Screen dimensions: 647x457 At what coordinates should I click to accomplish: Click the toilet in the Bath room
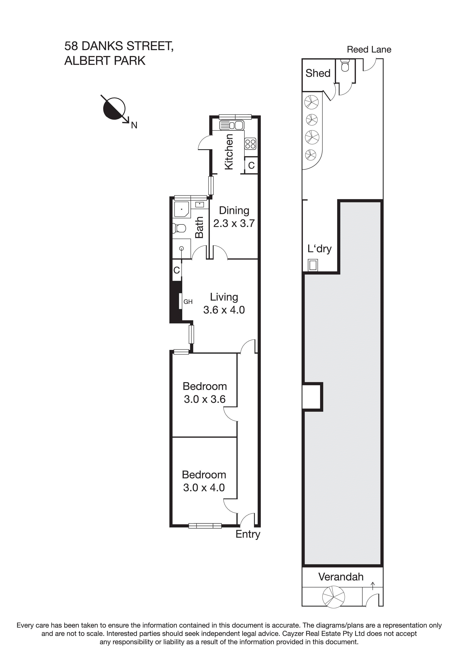pos(179,228)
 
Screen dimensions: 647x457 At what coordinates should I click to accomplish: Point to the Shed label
pos(318,73)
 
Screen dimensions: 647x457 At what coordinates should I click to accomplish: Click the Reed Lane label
pos(369,50)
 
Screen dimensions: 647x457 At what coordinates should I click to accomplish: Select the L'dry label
pos(319,249)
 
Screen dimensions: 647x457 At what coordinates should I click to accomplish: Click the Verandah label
pos(341,577)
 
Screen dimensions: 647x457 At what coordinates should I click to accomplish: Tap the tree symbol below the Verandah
pos(333,597)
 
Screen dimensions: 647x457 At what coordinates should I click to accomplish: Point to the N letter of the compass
pos(134,125)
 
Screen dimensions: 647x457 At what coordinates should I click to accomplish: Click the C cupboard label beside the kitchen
pos(251,165)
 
